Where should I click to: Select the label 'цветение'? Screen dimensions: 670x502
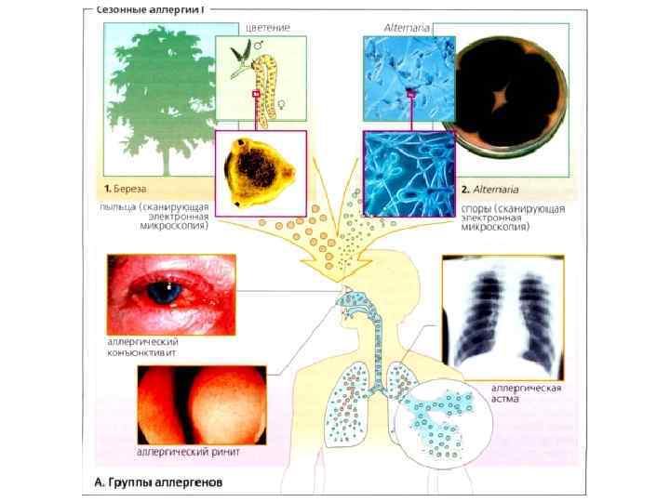[x=268, y=28]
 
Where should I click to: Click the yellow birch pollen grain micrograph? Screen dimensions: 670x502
[x=260, y=171]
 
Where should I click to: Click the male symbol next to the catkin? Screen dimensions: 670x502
[x=283, y=43]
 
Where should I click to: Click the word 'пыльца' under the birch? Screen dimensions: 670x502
[x=118, y=206]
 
